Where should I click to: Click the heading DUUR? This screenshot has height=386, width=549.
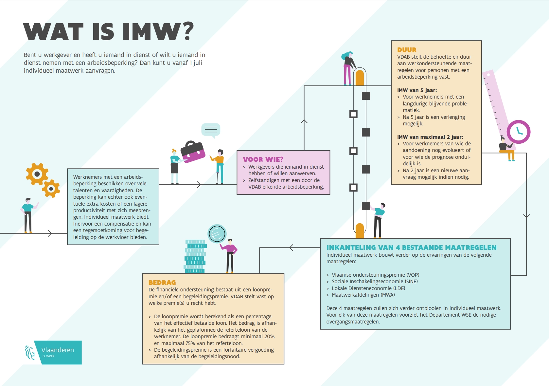tap(407, 50)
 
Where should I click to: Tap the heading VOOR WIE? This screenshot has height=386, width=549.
tap(263, 159)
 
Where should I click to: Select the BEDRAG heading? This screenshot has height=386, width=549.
tap(162, 283)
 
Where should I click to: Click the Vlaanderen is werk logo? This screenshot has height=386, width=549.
tap(53, 352)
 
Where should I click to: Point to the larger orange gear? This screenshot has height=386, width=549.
tap(37, 174)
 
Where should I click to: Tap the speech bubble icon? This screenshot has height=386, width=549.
tap(210, 130)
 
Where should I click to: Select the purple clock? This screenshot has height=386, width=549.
tap(519, 132)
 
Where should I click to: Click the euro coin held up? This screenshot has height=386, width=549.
tap(217, 233)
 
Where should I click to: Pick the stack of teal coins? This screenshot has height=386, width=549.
tap(195, 256)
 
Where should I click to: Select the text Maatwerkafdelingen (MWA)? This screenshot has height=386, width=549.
tap(363, 295)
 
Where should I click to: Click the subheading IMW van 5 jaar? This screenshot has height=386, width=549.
tap(417, 90)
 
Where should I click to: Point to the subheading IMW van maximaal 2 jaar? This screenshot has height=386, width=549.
tap(430, 137)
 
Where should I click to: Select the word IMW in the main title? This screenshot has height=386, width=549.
tap(151, 31)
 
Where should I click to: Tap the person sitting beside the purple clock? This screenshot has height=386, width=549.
tap(506, 150)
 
